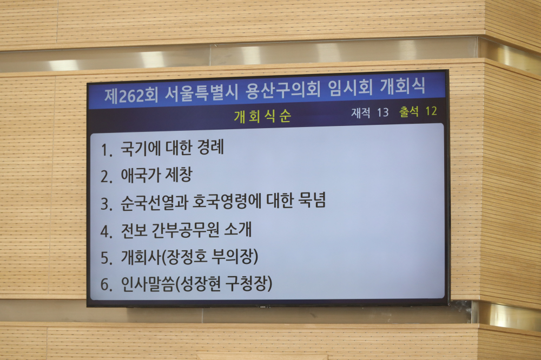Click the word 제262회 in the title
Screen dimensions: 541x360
click(131, 95)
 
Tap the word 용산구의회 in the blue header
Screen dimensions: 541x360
click(283, 90)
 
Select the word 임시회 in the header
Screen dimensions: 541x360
click(350, 88)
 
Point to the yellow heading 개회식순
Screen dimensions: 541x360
click(262, 117)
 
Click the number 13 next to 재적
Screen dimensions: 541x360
click(382, 112)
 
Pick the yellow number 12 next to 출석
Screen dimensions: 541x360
click(431, 111)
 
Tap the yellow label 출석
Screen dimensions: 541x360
click(409, 111)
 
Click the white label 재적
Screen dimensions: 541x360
click(361, 113)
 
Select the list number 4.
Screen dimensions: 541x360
click(107, 231)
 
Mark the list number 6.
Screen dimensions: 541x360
click(107, 285)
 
